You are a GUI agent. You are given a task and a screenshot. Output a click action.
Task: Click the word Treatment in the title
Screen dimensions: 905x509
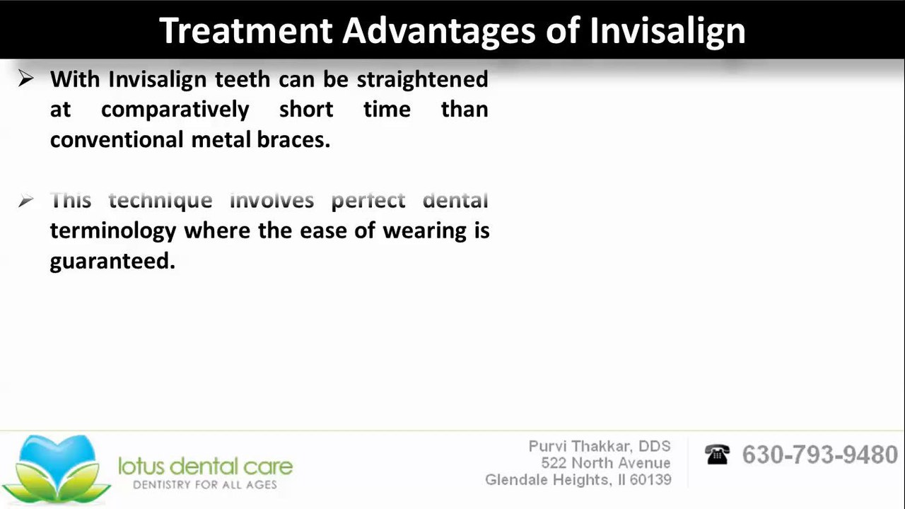[246, 30]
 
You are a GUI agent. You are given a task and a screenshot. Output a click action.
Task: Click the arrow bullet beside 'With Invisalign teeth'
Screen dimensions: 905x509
[26, 78]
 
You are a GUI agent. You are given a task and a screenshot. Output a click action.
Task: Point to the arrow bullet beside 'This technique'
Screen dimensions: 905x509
[26, 200]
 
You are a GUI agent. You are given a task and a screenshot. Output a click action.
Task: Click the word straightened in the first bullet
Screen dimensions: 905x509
[422, 80]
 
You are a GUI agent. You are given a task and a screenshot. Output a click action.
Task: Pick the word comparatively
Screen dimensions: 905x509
[175, 110]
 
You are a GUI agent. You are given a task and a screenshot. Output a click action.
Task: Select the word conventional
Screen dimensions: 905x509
[117, 140]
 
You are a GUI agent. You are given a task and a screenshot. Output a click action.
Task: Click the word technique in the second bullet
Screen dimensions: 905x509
[160, 200]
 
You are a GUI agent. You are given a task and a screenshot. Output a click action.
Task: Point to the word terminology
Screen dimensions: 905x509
[113, 231]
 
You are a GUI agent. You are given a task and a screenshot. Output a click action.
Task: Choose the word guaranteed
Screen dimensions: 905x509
[112, 262]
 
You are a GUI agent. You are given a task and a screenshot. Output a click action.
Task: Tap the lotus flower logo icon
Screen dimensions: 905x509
[56, 469]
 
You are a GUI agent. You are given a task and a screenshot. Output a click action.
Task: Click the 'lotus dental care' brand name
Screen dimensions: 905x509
[206, 467]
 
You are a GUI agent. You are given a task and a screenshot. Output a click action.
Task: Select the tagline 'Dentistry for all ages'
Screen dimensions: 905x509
[205, 485]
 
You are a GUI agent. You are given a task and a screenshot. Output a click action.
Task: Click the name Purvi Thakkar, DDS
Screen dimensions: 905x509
[600, 446]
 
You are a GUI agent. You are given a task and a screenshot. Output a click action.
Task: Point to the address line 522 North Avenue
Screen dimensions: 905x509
[606, 463]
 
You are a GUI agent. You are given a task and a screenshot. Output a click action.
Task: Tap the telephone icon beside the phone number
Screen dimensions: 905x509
[717, 454]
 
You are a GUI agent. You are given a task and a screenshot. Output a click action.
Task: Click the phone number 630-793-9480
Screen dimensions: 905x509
[819, 455]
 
